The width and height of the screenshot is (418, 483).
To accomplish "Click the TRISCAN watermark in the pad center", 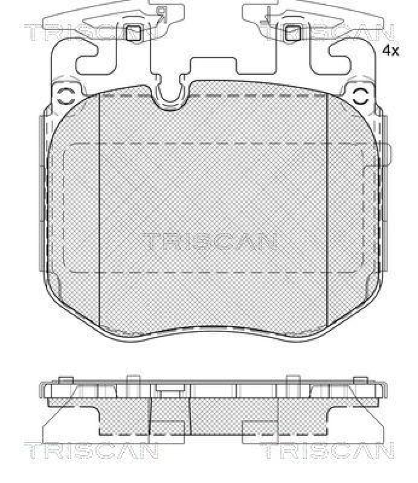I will click(x=210, y=241).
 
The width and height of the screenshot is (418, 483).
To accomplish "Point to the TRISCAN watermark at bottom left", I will click(x=91, y=452).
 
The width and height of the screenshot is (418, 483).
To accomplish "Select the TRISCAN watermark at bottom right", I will click(x=327, y=452).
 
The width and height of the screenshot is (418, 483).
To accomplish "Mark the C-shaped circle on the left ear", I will click(x=65, y=95).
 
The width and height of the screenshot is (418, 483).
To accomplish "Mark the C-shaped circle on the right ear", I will click(x=361, y=95).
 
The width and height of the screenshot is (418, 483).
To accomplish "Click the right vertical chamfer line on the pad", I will click(x=327, y=211).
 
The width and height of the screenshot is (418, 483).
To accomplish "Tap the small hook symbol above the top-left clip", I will click(x=161, y=13).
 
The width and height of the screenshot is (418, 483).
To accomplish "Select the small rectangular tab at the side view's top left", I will click(x=66, y=379).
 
